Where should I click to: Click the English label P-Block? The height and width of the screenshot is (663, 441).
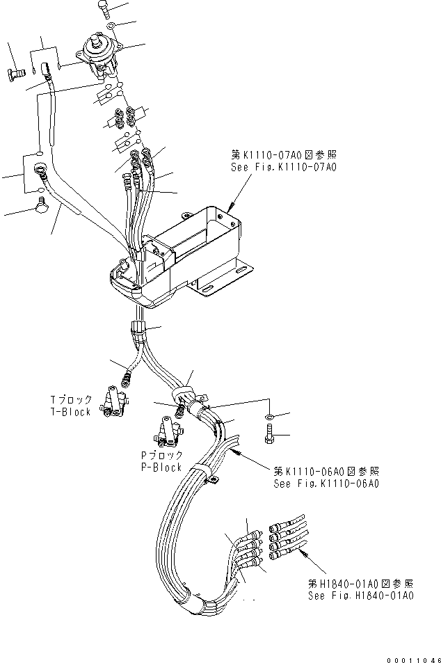(x=161, y=467)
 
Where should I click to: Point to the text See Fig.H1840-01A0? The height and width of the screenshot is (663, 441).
(x=361, y=596)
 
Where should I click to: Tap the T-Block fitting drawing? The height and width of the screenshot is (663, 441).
(x=113, y=403)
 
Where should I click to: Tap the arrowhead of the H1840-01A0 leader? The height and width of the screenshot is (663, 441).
(x=303, y=552)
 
